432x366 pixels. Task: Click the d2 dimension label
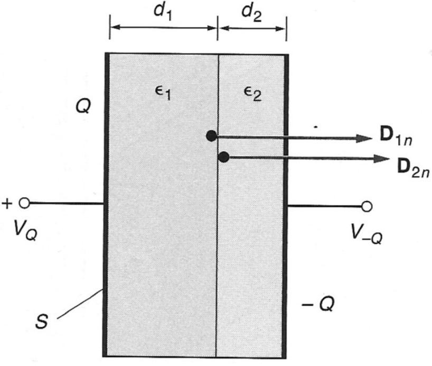pyautogui.click(x=252, y=12)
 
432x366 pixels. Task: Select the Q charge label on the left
pyautogui.click(x=83, y=107)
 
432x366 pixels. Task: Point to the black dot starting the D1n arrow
pyautogui.click(x=211, y=136)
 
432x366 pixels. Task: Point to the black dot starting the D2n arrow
pyautogui.click(x=224, y=157)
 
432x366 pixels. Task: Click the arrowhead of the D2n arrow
pyautogui.click(x=382, y=158)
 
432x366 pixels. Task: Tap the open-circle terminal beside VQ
pyautogui.click(x=23, y=203)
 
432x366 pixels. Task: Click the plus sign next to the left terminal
pyautogui.click(x=7, y=203)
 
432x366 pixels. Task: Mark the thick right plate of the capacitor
pyautogui.click(x=285, y=264)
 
